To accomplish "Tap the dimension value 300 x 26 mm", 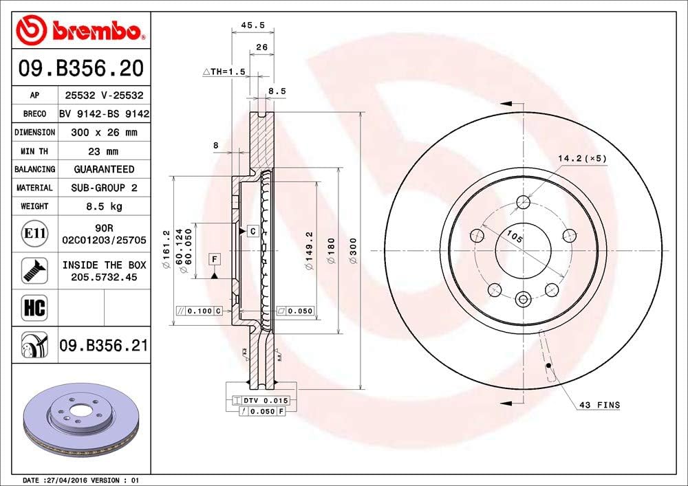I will (x=103, y=132).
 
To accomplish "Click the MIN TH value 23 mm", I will (x=103, y=151).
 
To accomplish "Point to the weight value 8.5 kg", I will (x=103, y=206).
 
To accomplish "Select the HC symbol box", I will (x=34, y=307).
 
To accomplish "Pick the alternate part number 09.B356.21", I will (x=103, y=345).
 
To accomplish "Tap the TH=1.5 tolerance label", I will (x=224, y=71).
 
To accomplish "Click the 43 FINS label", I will (x=599, y=406).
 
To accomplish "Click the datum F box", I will (x=215, y=259).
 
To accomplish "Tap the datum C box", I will (x=252, y=231).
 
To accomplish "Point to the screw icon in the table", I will (x=34, y=270).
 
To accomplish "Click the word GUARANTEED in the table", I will (x=103, y=169).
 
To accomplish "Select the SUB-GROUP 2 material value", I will (x=103, y=188).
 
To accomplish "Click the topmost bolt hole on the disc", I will (x=523, y=202).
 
